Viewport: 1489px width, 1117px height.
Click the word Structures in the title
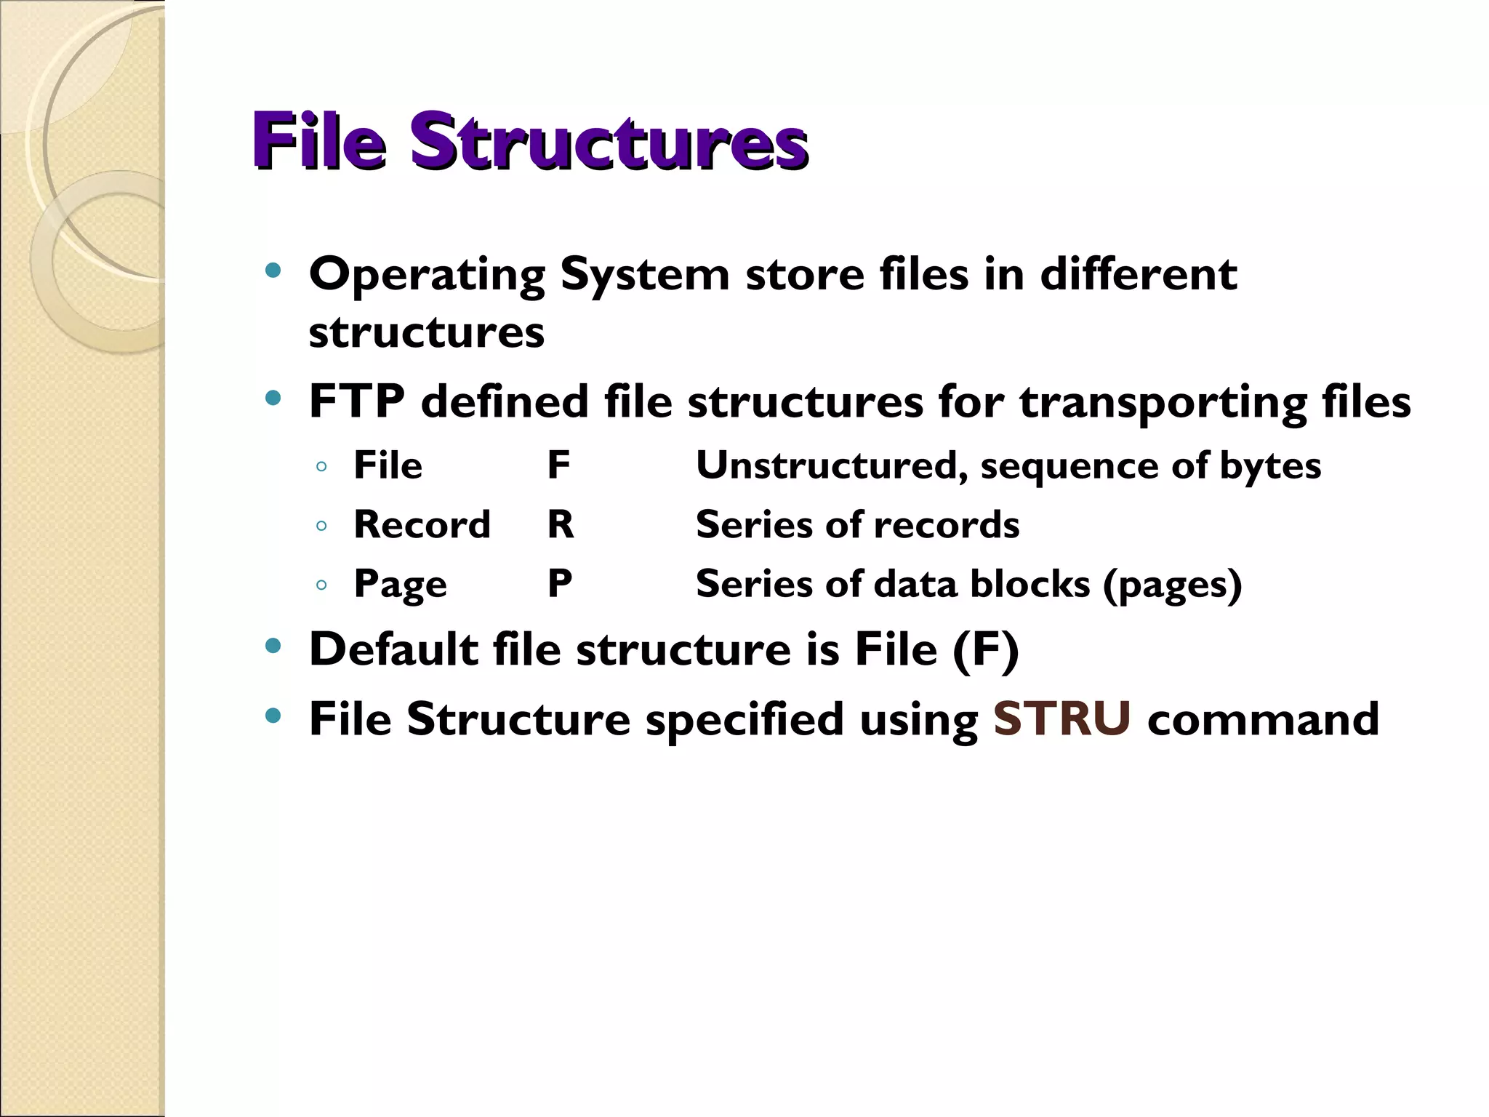609,142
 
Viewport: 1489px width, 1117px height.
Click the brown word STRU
1061,719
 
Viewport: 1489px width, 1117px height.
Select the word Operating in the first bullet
427,275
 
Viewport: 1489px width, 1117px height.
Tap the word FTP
356,401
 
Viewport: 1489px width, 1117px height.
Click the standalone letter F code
558,465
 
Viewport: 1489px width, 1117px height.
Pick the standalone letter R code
561,524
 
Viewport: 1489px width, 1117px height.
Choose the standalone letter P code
559,583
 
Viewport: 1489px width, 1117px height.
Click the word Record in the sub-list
422,524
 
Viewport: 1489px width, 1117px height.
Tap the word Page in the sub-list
400,585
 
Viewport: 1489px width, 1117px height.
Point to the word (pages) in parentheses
1172,585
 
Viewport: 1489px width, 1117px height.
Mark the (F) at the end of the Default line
986,649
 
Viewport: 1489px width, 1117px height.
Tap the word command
1263,719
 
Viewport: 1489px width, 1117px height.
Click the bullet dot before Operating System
273,272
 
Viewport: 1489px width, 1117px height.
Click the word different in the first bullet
1138,274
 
